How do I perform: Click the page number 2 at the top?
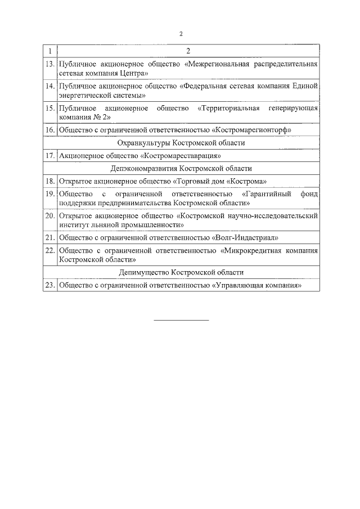click(x=181, y=34)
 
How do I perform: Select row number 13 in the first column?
click(x=50, y=65)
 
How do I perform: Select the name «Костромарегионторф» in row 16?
click(x=254, y=130)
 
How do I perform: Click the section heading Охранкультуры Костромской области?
click(x=181, y=143)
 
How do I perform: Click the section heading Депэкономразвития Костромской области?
click(x=181, y=169)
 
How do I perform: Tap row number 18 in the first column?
click(x=50, y=182)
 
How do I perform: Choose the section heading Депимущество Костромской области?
click(x=181, y=273)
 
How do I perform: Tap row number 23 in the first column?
click(x=50, y=286)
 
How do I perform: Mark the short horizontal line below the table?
click(x=181, y=321)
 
